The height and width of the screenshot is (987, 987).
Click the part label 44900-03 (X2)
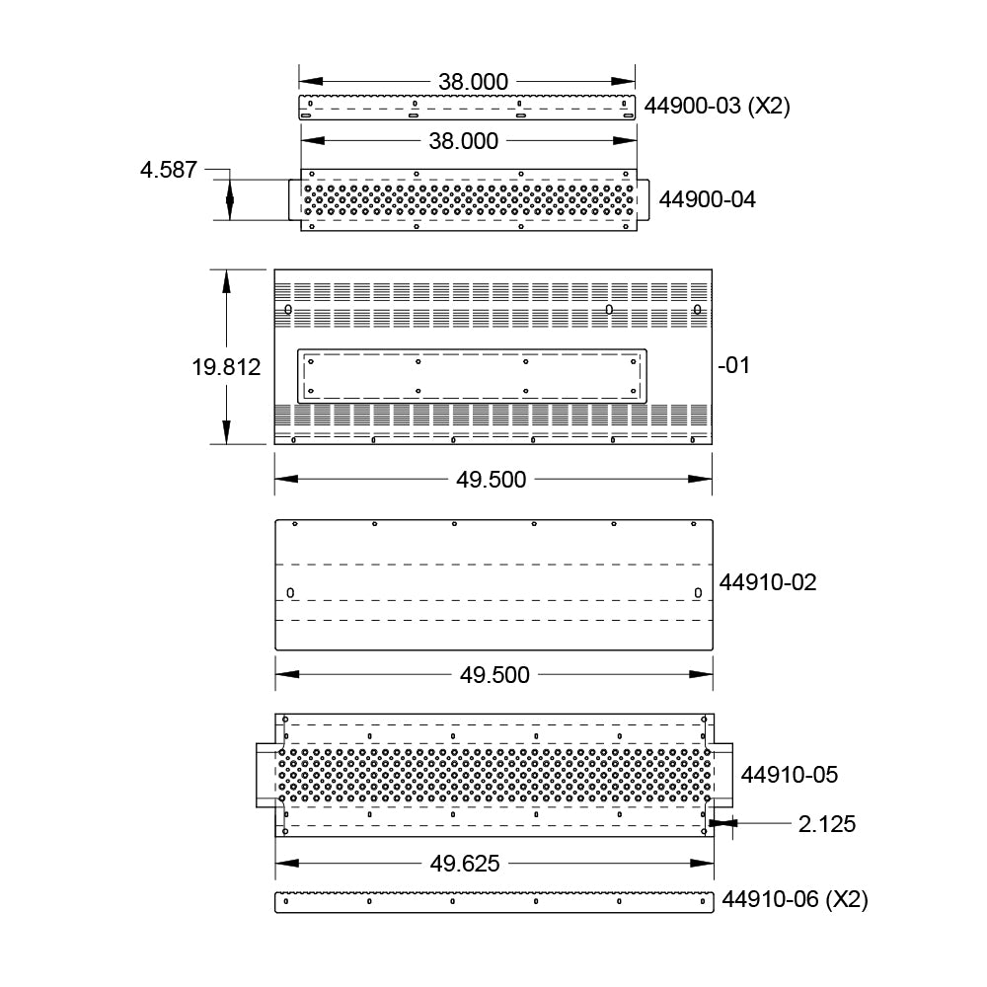pos(717,106)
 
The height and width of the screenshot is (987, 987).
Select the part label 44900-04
pos(707,199)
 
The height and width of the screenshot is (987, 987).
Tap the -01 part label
pos(734,365)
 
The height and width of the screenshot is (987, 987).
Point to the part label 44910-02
pos(768,582)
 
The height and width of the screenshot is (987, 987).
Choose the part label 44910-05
pos(790,774)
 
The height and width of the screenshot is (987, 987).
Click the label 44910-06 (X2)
pos(795,899)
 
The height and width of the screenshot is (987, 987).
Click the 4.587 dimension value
pos(169,170)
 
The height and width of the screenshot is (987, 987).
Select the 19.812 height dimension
pos(226,367)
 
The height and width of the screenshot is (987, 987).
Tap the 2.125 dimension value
pos(827,824)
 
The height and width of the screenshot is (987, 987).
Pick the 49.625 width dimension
pos(465,863)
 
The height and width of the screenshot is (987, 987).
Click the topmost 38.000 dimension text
pos(474,82)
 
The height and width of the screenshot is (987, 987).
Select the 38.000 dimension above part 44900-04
pos(464,141)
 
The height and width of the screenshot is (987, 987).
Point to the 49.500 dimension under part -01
pos(491,480)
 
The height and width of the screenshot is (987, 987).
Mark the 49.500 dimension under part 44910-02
pos(494,675)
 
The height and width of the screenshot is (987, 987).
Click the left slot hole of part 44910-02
pos(290,593)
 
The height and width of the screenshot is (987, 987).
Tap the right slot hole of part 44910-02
pos(698,593)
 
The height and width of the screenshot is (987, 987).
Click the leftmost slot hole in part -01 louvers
pos(288,310)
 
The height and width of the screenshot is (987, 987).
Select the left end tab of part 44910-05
pos(266,775)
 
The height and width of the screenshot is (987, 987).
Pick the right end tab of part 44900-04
pos(643,200)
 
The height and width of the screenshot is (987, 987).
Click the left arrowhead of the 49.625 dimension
pos(287,863)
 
